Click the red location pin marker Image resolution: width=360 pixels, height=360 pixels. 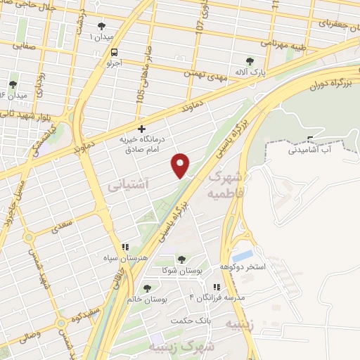click(x=181, y=165)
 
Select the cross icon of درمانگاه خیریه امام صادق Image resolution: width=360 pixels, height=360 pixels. click(x=142, y=129)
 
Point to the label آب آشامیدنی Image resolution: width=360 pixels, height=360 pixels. click(x=314, y=150)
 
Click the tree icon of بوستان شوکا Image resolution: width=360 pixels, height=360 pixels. click(x=182, y=260)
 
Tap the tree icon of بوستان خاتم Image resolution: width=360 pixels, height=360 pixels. click(x=146, y=288)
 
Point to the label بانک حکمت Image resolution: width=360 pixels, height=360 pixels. click(x=190, y=320)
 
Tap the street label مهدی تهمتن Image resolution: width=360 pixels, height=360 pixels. click(x=205, y=70)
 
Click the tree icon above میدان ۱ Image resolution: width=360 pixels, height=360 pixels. click(x=101, y=26)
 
